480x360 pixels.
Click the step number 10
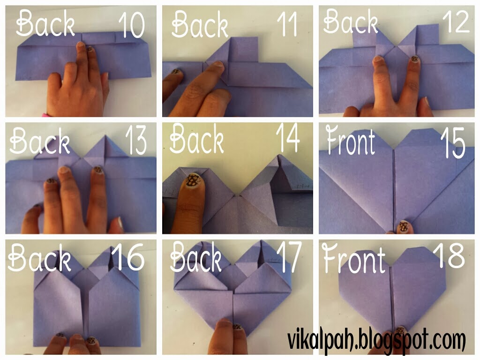(x=132, y=25)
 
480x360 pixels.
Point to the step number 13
(x=136, y=141)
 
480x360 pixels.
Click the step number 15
(x=453, y=142)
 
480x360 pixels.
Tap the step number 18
(x=451, y=255)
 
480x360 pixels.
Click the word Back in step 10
(x=45, y=23)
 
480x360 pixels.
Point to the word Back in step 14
(x=196, y=138)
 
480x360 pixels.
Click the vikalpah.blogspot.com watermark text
(x=376, y=340)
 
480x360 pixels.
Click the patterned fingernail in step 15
(x=404, y=227)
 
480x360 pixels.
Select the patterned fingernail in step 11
(x=176, y=72)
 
